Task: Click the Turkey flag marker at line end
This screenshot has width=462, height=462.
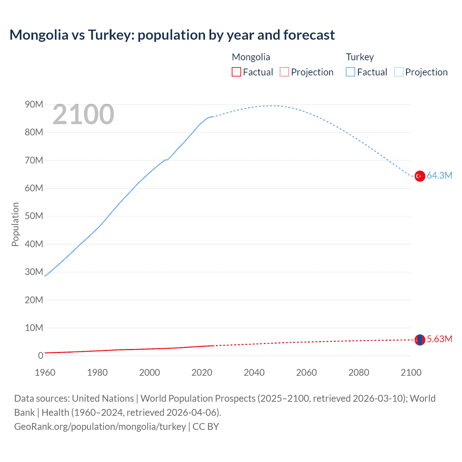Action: click(419, 176)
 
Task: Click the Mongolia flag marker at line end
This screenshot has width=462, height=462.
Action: click(419, 340)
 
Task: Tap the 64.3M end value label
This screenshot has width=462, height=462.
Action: click(439, 175)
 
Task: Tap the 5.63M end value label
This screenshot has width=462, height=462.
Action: click(439, 339)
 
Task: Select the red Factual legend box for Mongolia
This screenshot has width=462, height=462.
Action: click(236, 72)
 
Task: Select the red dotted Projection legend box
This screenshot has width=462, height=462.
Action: click(284, 72)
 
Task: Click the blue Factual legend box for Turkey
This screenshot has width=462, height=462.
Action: click(350, 72)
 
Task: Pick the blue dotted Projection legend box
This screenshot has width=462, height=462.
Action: click(398, 72)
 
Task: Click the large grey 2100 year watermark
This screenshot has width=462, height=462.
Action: click(83, 114)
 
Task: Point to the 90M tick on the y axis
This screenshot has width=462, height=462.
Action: click(34, 104)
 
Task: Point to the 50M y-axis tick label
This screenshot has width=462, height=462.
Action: click(34, 216)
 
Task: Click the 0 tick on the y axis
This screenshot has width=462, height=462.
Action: click(40, 356)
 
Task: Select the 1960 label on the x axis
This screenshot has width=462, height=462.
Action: click(45, 372)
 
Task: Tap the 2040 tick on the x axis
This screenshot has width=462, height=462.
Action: click(254, 372)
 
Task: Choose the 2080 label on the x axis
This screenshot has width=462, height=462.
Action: click(359, 372)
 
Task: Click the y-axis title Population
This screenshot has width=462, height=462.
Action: click(15, 224)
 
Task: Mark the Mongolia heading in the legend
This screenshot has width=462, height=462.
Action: click(251, 57)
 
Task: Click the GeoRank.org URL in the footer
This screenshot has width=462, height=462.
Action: click(100, 426)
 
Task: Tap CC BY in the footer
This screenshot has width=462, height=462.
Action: click(206, 426)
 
